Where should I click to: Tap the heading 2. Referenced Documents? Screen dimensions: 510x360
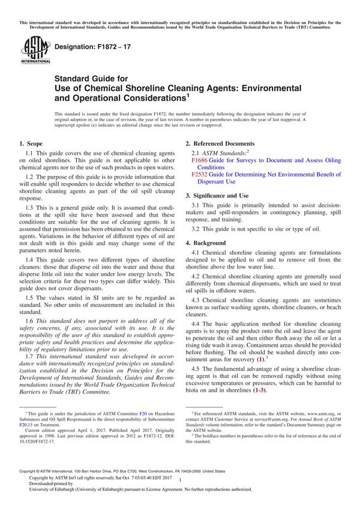pyautogui.click(x=220, y=144)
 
